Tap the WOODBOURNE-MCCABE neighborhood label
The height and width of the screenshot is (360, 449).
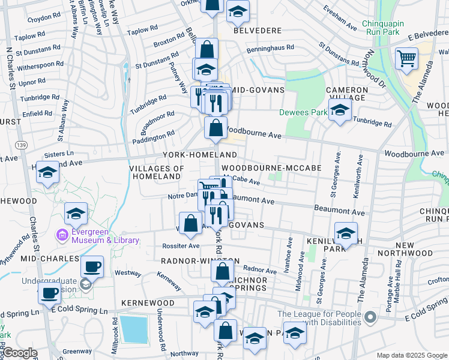(271, 169)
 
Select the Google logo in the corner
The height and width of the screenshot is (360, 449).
(20, 353)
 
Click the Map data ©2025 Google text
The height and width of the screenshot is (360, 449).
(411, 355)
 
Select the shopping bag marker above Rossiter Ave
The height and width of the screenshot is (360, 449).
(190, 223)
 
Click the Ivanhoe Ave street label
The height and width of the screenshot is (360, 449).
(290, 249)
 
